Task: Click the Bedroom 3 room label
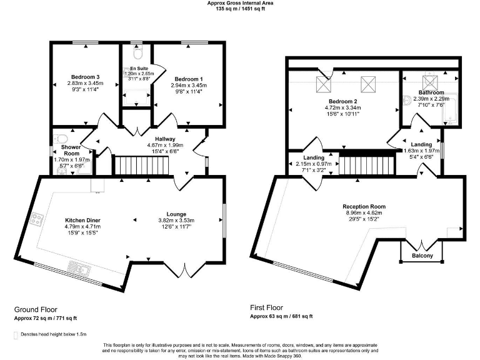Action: (84, 77)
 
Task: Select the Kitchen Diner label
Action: (83, 220)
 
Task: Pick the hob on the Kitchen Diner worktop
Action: (37, 219)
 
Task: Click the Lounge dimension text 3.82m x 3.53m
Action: (176, 220)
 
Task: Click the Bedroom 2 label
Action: (343, 101)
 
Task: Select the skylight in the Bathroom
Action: (430, 81)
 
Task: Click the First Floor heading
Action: (267, 307)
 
